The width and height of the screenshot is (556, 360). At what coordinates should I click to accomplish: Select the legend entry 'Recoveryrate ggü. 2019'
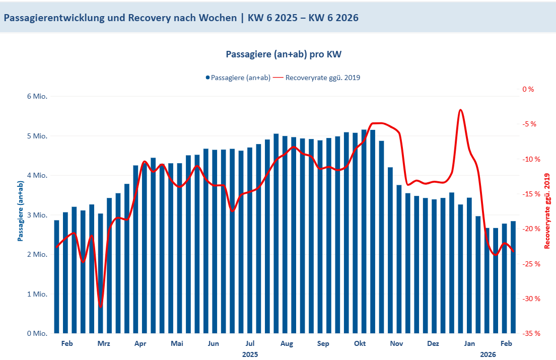pyautogui.click(x=323, y=78)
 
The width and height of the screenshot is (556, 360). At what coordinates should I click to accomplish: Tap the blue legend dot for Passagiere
pyautogui.click(x=207, y=78)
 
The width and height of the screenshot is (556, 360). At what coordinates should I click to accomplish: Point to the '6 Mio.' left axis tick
pyautogui.click(x=36, y=96)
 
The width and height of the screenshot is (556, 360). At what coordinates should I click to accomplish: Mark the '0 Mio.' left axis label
pyautogui.click(x=36, y=333)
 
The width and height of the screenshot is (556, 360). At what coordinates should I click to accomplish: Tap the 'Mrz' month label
pyautogui.click(x=104, y=344)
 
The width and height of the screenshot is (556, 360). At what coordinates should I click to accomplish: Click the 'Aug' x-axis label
pyautogui.click(x=287, y=344)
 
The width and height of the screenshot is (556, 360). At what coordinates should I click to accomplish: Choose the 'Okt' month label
pyautogui.click(x=360, y=344)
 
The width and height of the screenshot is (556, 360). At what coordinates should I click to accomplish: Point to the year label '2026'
pyautogui.click(x=488, y=354)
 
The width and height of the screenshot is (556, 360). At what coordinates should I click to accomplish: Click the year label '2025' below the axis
pyautogui.click(x=250, y=354)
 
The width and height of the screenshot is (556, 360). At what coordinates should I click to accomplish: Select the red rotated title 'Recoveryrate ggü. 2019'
pyautogui.click(x=547, y=211)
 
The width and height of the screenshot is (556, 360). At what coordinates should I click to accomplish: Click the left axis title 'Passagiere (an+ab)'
pyautogui.click(x=21, y=211)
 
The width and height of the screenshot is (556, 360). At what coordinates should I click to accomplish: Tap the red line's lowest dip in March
pyautogui.click(x=101, y=307)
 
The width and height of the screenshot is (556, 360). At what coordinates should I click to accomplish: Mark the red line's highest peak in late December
pyautogui.click(x=460, y=110)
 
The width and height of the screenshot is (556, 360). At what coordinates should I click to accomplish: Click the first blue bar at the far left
pyautogui.click(x=56, y=276)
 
